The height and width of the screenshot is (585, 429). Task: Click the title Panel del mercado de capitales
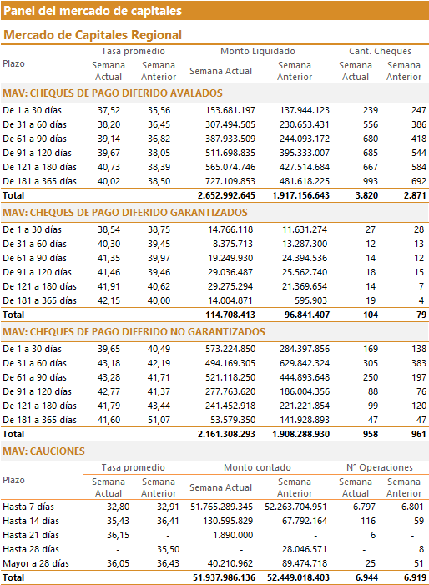pyautogui.click(x=93, y=11)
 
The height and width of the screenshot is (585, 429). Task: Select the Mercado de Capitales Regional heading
pyautogui.click(x=93, y=35)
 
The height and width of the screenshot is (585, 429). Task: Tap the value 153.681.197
pyautogui.click(x=230, y=110)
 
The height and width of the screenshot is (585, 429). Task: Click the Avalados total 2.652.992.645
pyautogui.click(x=226, y=195)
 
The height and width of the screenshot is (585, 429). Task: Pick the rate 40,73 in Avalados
pyautogui.click(x=109, y=167)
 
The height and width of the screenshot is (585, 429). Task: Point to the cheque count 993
pyautogui.click(x=371, y=181)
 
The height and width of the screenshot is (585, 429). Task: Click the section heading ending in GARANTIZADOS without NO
pyautogui.click(x=125, y=213)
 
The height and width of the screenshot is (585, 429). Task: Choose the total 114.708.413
pyautogui.click(x=230, y=315)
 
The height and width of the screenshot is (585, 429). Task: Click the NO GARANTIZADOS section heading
pyautogui.click(x=134, y=332)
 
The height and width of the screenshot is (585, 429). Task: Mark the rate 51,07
pyautogui.click(x=159, y=420)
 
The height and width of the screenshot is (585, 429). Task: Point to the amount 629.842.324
pyautogui.click(x=305, y=363)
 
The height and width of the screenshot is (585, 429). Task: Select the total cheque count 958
pyautogui.click(x=371, y=434)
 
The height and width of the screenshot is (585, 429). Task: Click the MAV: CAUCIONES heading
pyautogui.click(x=43, y=451)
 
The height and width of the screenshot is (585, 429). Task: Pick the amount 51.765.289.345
pyautogui.click(x=221, y=507)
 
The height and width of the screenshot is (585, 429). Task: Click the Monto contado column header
pyautogui.click(x=257, y=467)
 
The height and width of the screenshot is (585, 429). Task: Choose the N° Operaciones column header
pyautogui.click(x=380, y=467)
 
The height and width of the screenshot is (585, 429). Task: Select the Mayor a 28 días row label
pyautogui.click(x=36, y=564)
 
